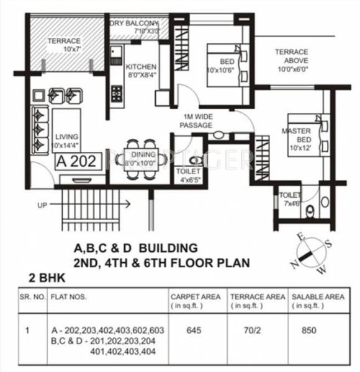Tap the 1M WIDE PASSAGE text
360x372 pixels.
click(x=196, y=121)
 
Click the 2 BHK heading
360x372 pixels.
click(x=48, y=278)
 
